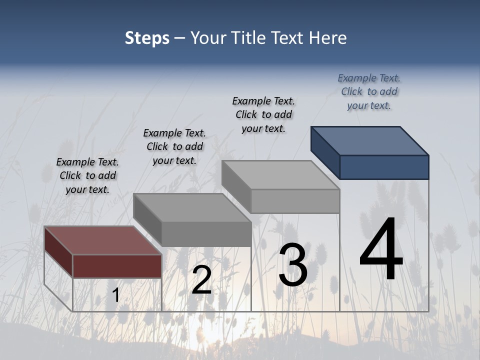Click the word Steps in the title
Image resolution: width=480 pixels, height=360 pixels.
(147, 38)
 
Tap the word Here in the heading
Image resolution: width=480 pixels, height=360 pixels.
(327, 38)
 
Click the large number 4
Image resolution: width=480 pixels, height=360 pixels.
(381, 249)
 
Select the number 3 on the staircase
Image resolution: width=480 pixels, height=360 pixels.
(293, 265)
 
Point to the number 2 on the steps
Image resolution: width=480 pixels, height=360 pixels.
(202, 280)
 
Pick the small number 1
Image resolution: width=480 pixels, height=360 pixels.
(115, 295)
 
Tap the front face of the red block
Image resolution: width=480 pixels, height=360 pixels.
(117, 266)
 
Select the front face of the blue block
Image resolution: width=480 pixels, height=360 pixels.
(384, 167)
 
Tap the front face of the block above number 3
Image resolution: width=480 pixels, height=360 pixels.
(295, 201)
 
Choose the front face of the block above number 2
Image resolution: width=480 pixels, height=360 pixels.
(206, 234)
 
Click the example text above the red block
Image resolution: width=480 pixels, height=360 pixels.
(87, 175)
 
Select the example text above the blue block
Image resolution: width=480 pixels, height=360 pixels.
(369, 91)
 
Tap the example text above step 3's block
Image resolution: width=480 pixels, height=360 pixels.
(263, 114)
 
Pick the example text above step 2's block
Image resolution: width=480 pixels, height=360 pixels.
(174, 146)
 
